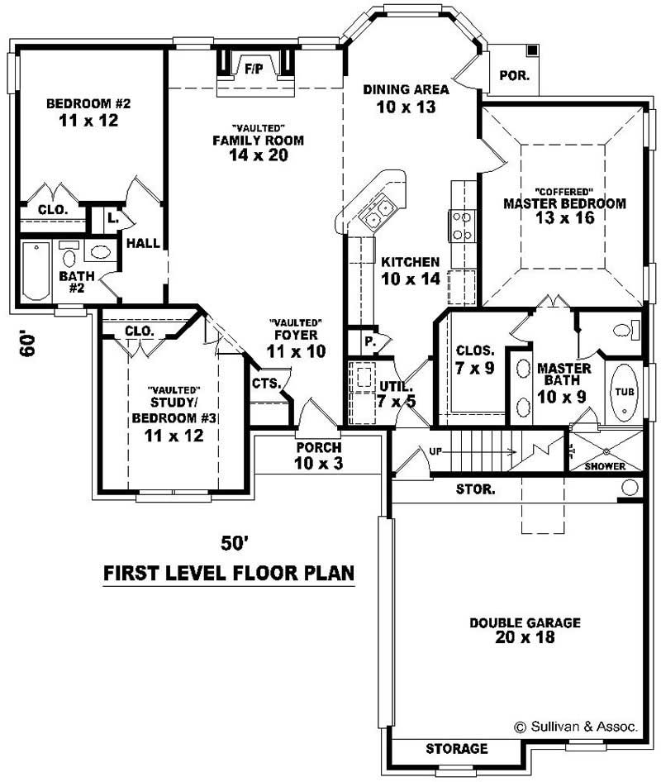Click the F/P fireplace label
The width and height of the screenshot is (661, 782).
click(254, 69)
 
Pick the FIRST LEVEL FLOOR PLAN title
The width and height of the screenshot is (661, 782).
click(228, 573)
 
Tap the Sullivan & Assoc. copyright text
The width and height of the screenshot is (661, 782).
click(576, 727)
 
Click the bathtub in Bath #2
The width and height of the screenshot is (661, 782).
click(36, 271)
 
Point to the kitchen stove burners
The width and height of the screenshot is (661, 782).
click(461, 225)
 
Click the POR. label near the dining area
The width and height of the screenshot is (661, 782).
click(510, 75)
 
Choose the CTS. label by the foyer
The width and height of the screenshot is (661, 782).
click(266, 384)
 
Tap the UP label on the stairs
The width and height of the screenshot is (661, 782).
click(435, 451)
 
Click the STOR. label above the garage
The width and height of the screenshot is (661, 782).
click(476, 489)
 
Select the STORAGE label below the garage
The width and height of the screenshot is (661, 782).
click(456, 749)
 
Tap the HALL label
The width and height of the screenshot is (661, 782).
click(143, 243)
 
